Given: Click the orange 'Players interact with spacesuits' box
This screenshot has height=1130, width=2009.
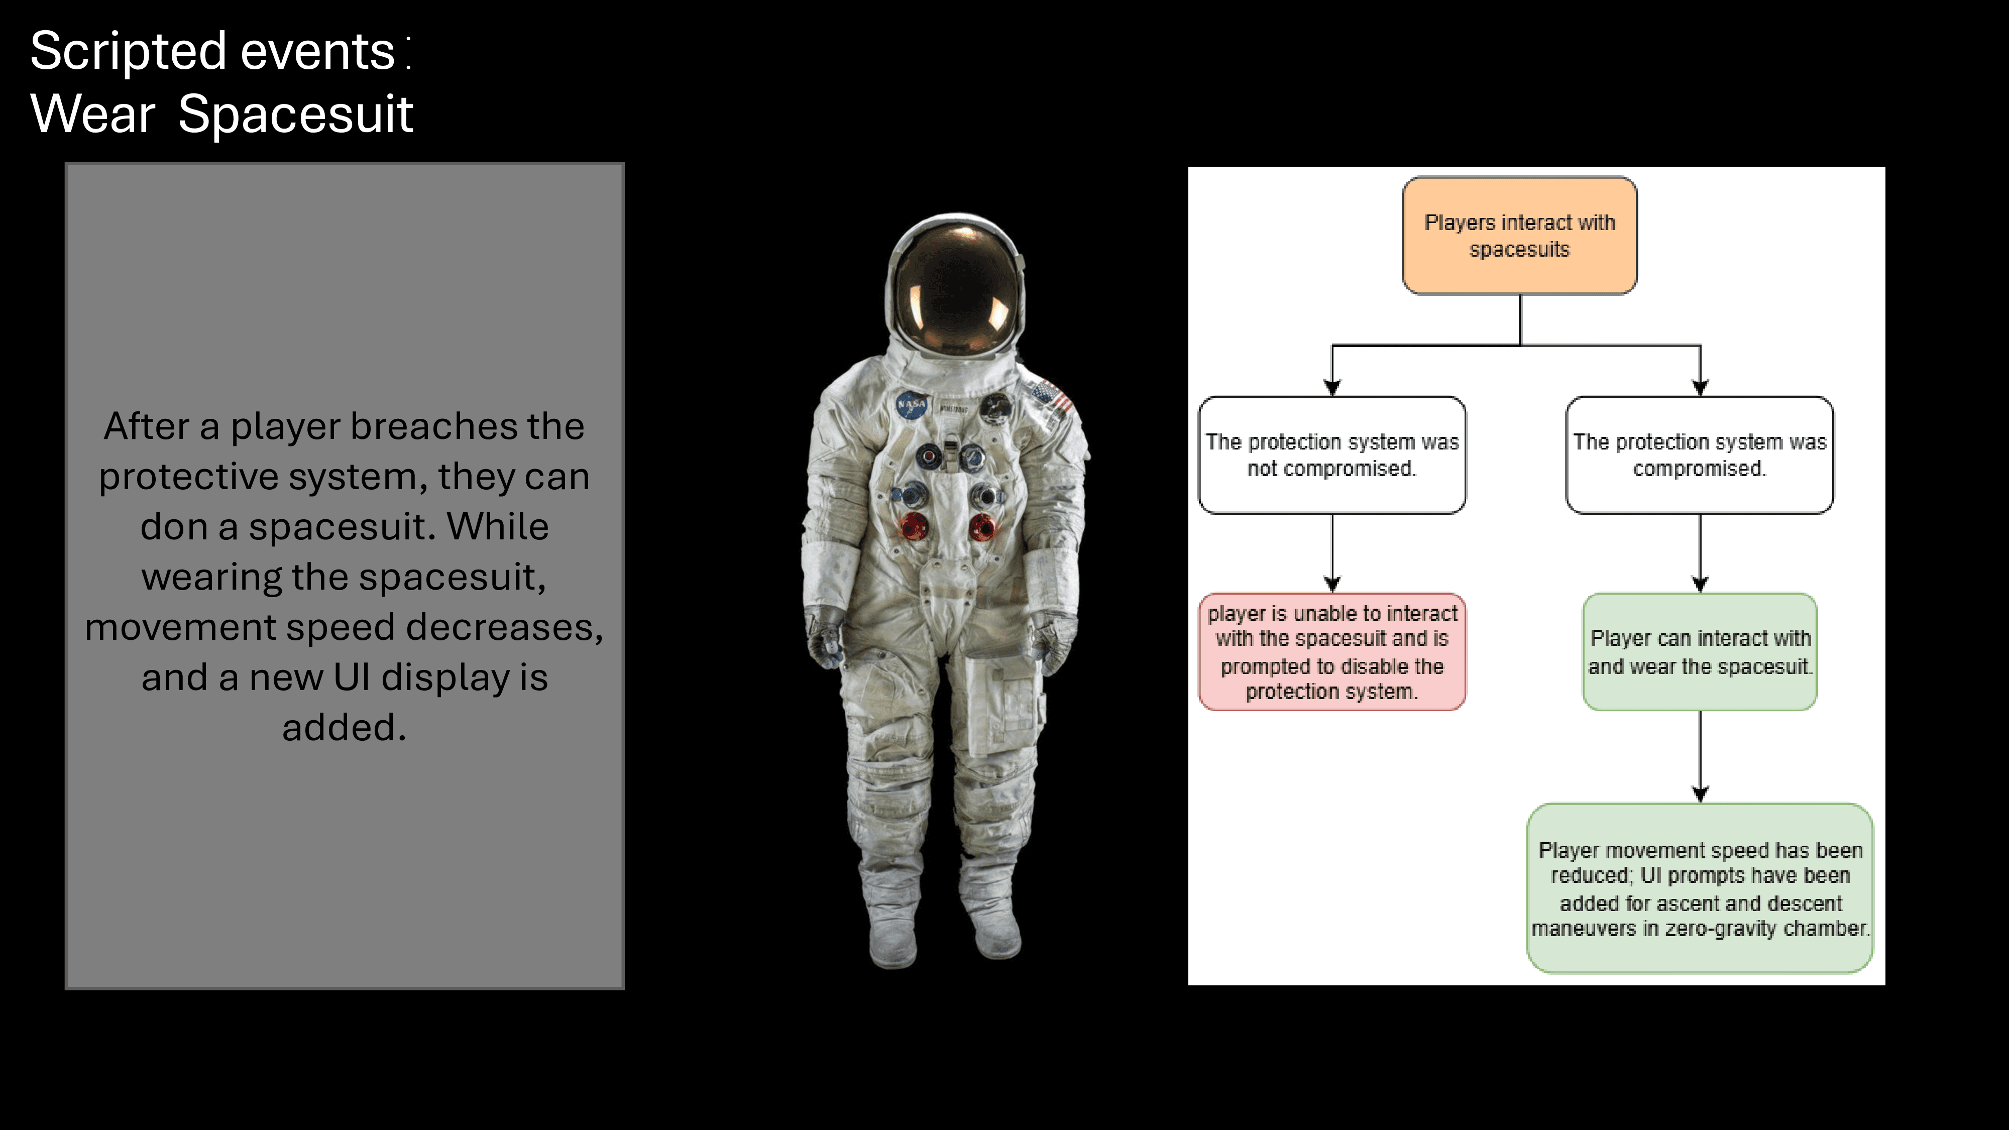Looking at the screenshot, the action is click(x=1519, y=236).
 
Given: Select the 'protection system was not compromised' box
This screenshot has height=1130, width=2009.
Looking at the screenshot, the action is click(x=1332, y=455).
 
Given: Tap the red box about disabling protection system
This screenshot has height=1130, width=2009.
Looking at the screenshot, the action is click(x=1332, y=652).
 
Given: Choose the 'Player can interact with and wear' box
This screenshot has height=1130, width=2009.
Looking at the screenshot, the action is click(x=1700, y=652).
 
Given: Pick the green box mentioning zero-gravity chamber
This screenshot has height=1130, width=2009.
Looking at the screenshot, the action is click(x=1700, y=888).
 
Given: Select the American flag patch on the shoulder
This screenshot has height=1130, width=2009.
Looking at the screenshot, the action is click(x=1053, y=398).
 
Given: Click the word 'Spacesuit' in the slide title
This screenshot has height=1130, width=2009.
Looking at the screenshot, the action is click(x=296, y=114).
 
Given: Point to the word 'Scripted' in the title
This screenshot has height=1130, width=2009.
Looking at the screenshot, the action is click(x=129, y=51).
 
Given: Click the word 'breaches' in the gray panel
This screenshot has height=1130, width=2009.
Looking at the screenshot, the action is click(x=433, y=426).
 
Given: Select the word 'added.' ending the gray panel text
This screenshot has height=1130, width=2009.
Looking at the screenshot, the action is click(x=344, y=728).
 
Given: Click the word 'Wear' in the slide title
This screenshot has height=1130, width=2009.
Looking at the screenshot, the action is click(x=93, y=114).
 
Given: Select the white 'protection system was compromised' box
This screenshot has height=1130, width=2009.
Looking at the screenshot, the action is click(x=1700, y=455).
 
